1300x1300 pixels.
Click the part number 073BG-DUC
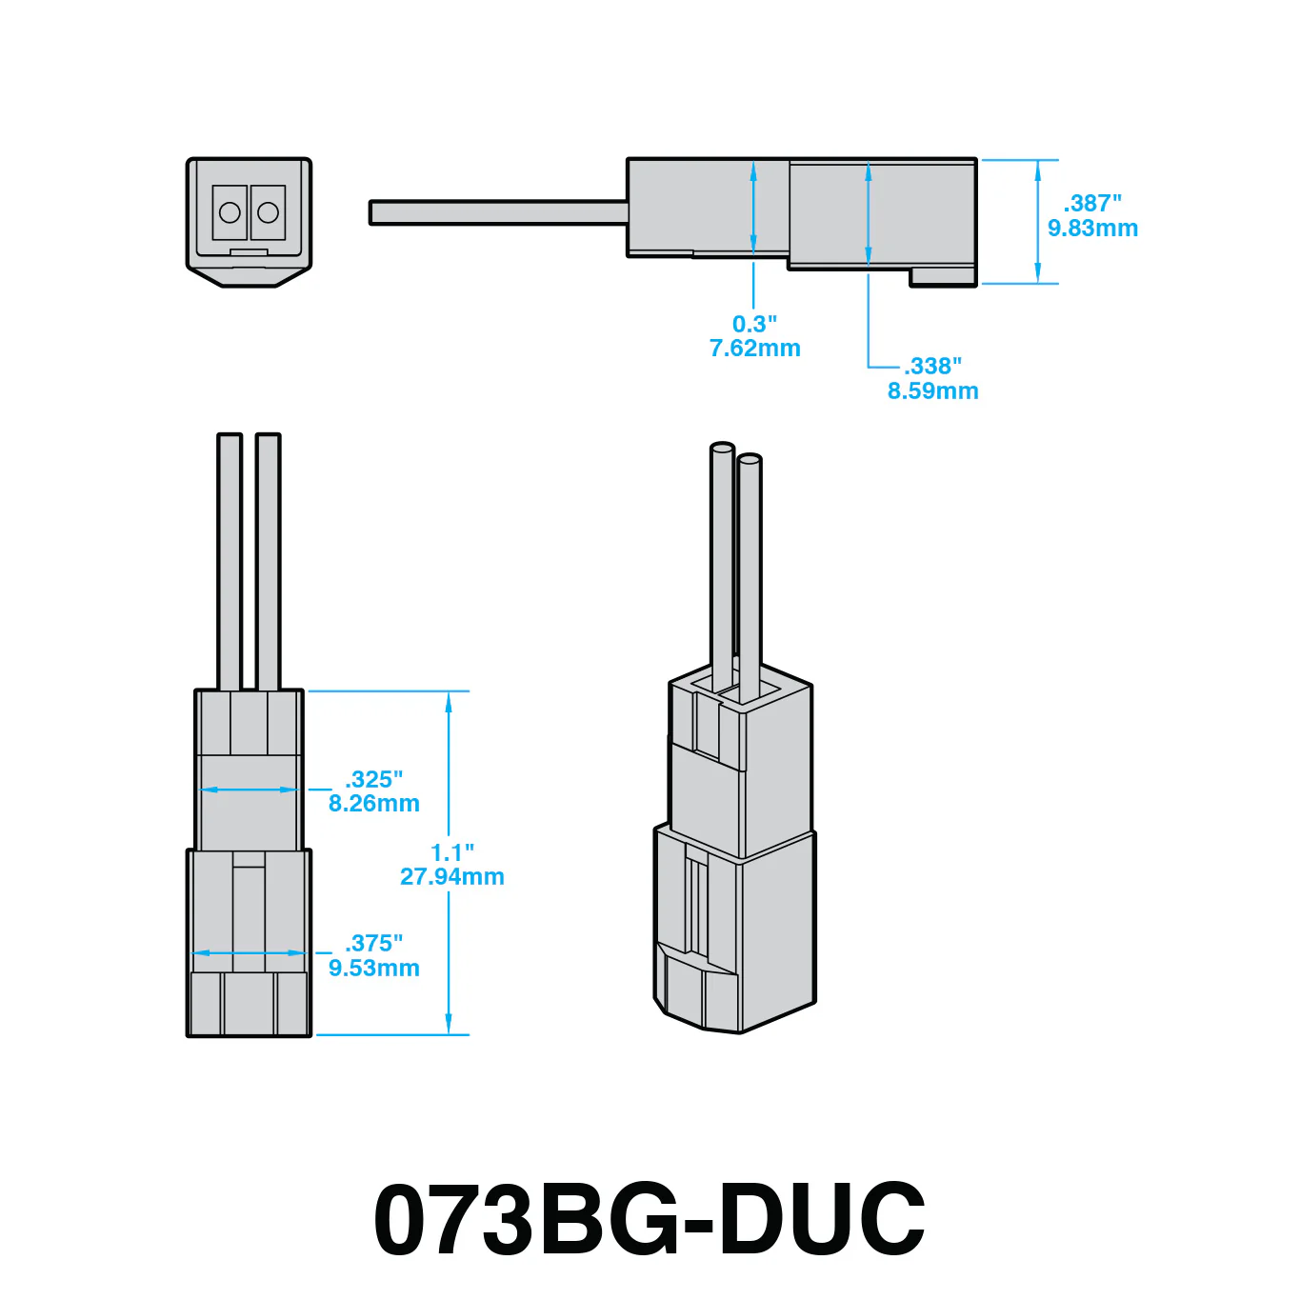click(x=650, y=1218)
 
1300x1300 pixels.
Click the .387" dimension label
click(x=1092, y=203)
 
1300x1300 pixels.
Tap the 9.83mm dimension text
click(x=1092, y=228)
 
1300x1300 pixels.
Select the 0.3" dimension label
click(x=754, y=324)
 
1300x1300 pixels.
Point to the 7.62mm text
click(x=755, y=349)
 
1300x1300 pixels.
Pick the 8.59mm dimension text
click(x=932, y=390)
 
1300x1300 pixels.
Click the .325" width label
click(x=373, y=779)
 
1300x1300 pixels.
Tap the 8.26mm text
click(x=373, y=804)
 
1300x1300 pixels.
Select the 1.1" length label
click(x=452, y=852)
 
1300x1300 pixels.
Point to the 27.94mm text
click(x=452, y=877)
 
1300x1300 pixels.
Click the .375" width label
click(x=373, y=943)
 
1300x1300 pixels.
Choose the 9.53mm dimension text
click(x=373, y=968)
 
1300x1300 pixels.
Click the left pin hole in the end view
click(x=230, y=213)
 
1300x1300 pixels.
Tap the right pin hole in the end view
click(x=268, y=213)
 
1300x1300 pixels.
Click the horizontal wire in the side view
click(x=498, y=212)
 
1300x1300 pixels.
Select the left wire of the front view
click(x=230, y=561)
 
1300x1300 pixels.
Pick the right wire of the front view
click(x=268, y=561)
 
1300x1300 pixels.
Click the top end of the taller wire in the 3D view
click(x=722, y=448)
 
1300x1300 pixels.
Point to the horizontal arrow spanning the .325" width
click(x=249, y=790)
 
